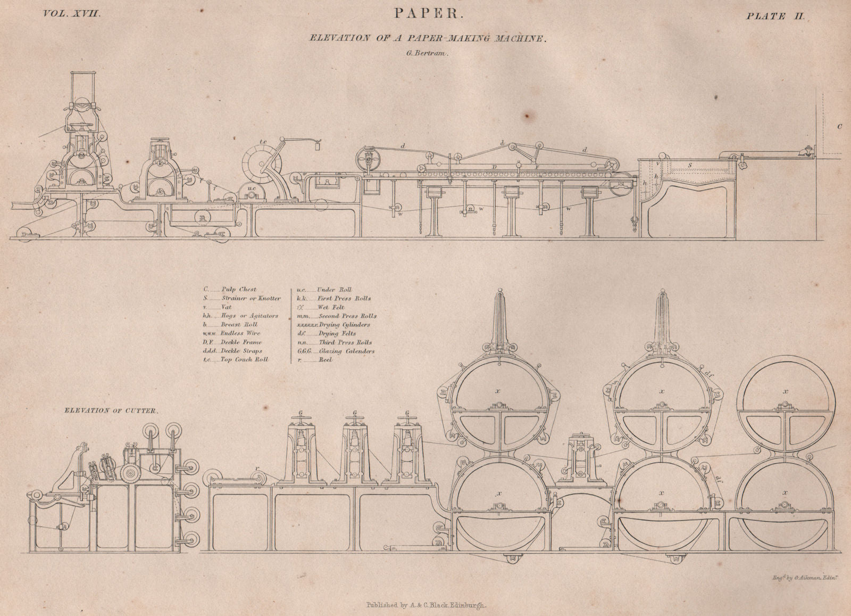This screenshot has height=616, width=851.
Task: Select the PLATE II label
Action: (775, 15)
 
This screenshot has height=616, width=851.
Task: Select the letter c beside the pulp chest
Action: (839, 127)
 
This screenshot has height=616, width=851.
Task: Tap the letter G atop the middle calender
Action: (355, 413)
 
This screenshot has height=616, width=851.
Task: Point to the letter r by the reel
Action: (256, 469)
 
